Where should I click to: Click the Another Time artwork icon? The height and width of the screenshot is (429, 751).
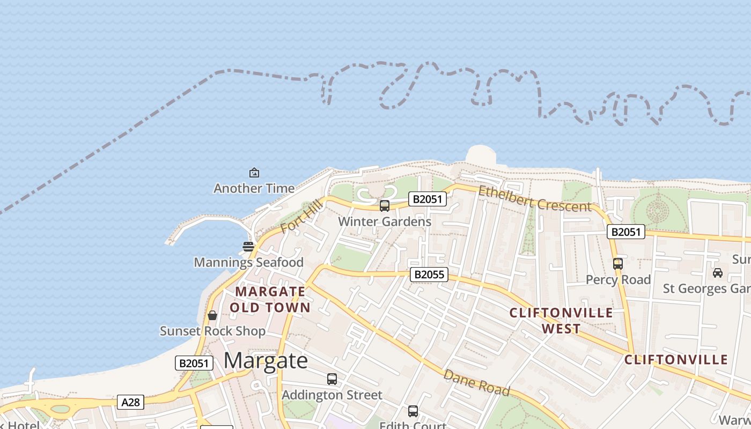[254, 173]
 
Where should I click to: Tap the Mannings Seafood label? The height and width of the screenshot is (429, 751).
[248, 262]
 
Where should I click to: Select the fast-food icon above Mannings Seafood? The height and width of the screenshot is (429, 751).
[248, 247]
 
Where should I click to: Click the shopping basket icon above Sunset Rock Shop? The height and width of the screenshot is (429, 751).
[212, 315]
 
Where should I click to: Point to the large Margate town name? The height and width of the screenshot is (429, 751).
[266, 361]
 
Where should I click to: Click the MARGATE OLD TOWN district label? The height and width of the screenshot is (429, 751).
[270, 299]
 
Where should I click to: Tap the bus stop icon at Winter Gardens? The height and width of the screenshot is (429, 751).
[385, 205]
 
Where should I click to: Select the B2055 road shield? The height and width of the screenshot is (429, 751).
[429, 275]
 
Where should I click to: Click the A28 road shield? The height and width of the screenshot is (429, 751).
[130, 402]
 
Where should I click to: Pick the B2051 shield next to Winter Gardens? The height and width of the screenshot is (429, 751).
[428, 199]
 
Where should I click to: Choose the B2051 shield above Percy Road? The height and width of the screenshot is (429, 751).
[626, 232]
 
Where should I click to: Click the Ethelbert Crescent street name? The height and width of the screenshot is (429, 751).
[535, 199]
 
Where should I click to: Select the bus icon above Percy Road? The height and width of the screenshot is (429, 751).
[618, 264]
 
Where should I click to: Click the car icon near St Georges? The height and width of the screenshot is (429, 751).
[718, 273]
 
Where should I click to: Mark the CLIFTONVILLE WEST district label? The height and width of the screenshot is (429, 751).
[561, 321]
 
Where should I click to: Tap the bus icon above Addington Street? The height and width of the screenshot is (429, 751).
[332, 379]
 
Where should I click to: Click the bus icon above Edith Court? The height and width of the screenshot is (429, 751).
[413, 411]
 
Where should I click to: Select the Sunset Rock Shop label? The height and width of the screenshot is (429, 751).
[212, 331]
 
